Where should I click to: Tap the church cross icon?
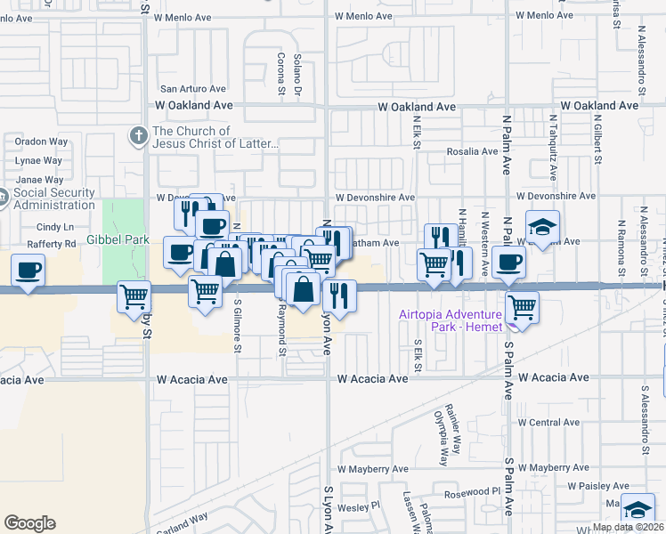[x=138, y=135]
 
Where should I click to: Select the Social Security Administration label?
[x=54, y=198]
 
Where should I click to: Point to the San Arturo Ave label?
[x=192, y=89]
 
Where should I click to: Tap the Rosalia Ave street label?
[x=472, y=151]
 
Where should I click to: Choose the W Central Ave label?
[x=548, y=422]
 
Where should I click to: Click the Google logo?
[x=29, y=523]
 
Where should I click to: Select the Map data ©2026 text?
[x=628, y=527]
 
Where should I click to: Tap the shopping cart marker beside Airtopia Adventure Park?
[x=522, y=308]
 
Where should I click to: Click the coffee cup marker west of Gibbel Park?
[x=28, y=270]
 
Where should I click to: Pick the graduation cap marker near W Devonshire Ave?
[x=542, y=226]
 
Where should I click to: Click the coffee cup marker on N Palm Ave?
[x=508, y=261]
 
